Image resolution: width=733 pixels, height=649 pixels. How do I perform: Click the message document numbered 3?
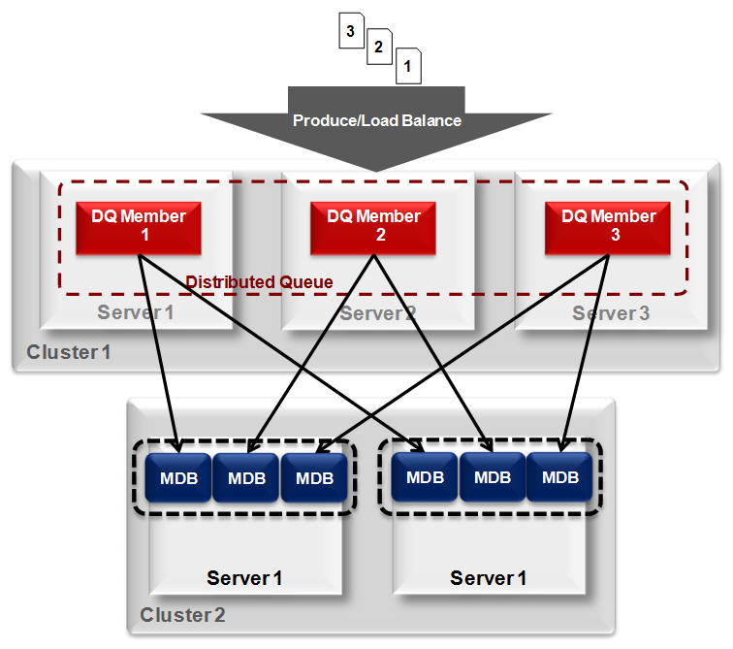[351, 31]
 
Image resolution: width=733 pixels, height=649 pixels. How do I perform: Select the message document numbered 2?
[379, 48]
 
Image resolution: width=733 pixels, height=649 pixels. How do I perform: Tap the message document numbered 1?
[407, 66]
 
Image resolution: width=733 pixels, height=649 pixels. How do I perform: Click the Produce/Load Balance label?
[377, 121]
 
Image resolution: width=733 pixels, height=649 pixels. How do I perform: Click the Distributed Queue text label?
[259, 282]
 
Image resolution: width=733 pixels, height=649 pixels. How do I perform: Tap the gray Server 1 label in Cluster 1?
[136, 313]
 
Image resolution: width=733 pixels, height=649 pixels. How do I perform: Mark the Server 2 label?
[377, 313]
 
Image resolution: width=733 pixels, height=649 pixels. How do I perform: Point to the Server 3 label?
[610, 313]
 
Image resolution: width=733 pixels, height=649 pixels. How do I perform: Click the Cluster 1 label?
[69, 352]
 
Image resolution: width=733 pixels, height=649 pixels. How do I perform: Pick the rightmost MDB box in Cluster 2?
[559, 477]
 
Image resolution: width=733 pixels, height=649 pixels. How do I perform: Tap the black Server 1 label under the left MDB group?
[244, 579]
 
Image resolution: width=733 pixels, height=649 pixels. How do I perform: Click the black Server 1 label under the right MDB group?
[488, 579]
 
